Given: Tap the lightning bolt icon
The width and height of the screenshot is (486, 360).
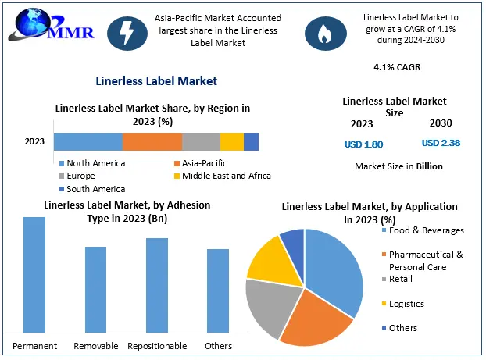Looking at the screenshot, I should click(128, 31).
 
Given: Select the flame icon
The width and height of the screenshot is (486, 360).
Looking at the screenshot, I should click(322, 31).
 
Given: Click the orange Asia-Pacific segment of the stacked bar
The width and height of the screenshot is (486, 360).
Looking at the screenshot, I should click(152, 141).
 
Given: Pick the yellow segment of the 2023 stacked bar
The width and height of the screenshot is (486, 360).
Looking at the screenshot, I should click(231, 141).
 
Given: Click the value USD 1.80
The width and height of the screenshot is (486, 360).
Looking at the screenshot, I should click(363, 144).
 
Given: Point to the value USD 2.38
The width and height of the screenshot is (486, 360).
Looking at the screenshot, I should click(441, 143).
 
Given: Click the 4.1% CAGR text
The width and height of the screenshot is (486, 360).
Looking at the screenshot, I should click(397, 67).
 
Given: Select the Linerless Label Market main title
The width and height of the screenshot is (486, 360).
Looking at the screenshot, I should click(155, 80).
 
